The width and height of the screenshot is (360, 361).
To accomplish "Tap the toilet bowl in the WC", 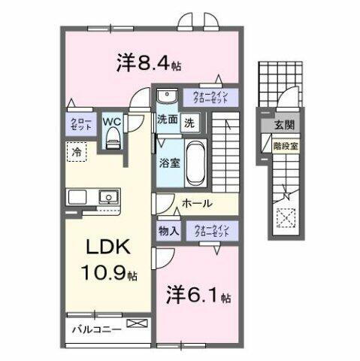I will click(x=113, y=136).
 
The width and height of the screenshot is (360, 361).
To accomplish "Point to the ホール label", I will click(x=197, y=203).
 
